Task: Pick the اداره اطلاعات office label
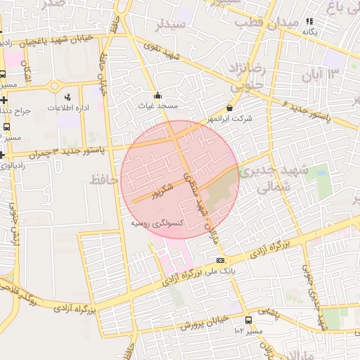67,108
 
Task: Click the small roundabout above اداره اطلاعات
54,86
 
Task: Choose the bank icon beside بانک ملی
220,260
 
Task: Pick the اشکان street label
28,70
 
